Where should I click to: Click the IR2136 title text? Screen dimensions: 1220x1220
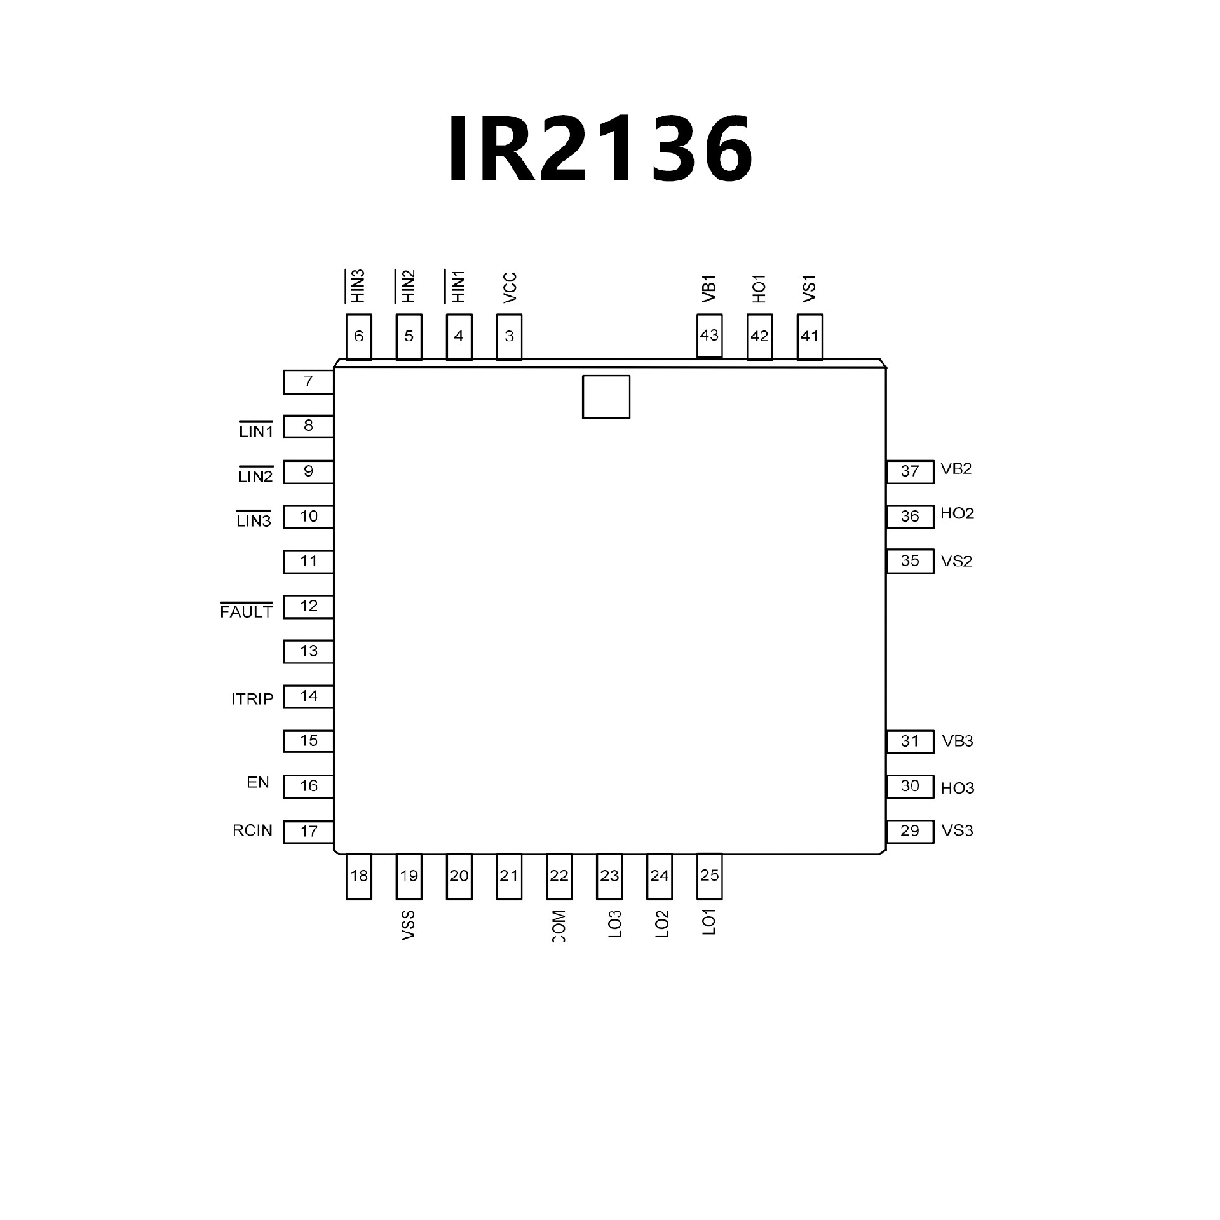click(x=601, y=150)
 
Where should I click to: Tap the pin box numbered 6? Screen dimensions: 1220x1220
click(x=359, y=337)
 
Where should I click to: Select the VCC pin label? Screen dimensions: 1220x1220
click(x=510, y=288)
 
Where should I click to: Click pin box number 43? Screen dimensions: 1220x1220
click(x=710, y=335)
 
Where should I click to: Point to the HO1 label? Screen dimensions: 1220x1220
click(x=759, y=288)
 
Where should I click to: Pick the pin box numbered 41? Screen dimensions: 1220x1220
click(x=810, y=337)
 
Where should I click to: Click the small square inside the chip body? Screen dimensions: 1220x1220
click(x=606, y=397)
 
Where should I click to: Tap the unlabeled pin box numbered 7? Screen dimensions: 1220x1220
click(x=309, y=383)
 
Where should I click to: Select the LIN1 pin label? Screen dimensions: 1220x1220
click(x=256, y=430)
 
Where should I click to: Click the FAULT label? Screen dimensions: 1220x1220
click(x=247, y=610)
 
